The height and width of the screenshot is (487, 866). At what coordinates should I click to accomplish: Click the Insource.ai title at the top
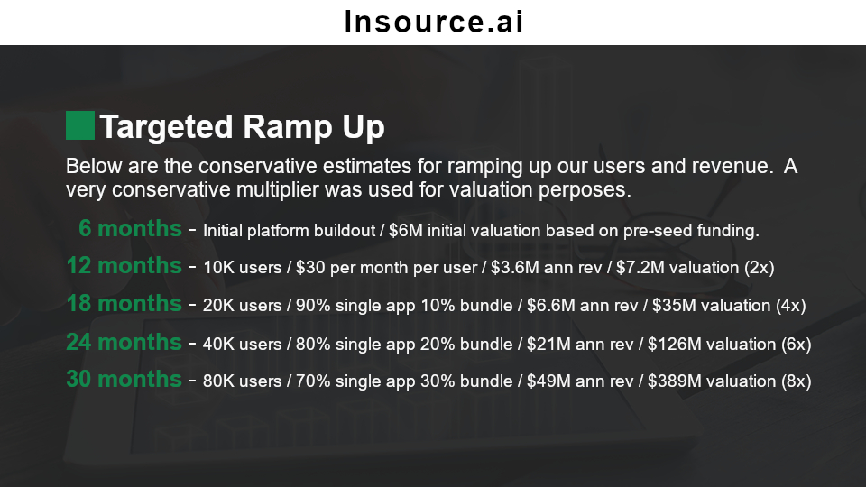click(434, 22)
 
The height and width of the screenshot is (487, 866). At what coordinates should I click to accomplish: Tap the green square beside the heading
click(80, 125)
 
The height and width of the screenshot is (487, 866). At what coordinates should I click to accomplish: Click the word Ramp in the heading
click(288, 128)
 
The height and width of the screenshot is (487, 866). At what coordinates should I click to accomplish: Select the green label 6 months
click(130, 228)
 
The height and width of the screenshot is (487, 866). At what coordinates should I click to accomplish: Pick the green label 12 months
click(124, 265)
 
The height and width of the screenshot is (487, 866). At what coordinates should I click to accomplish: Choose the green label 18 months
click(124, 303)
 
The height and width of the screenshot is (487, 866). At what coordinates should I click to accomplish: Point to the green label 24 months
click(124, 342)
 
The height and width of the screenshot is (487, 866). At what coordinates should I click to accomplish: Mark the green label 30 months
click(124, 380)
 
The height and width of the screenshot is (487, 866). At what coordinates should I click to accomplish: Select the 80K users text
click(242, 381)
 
